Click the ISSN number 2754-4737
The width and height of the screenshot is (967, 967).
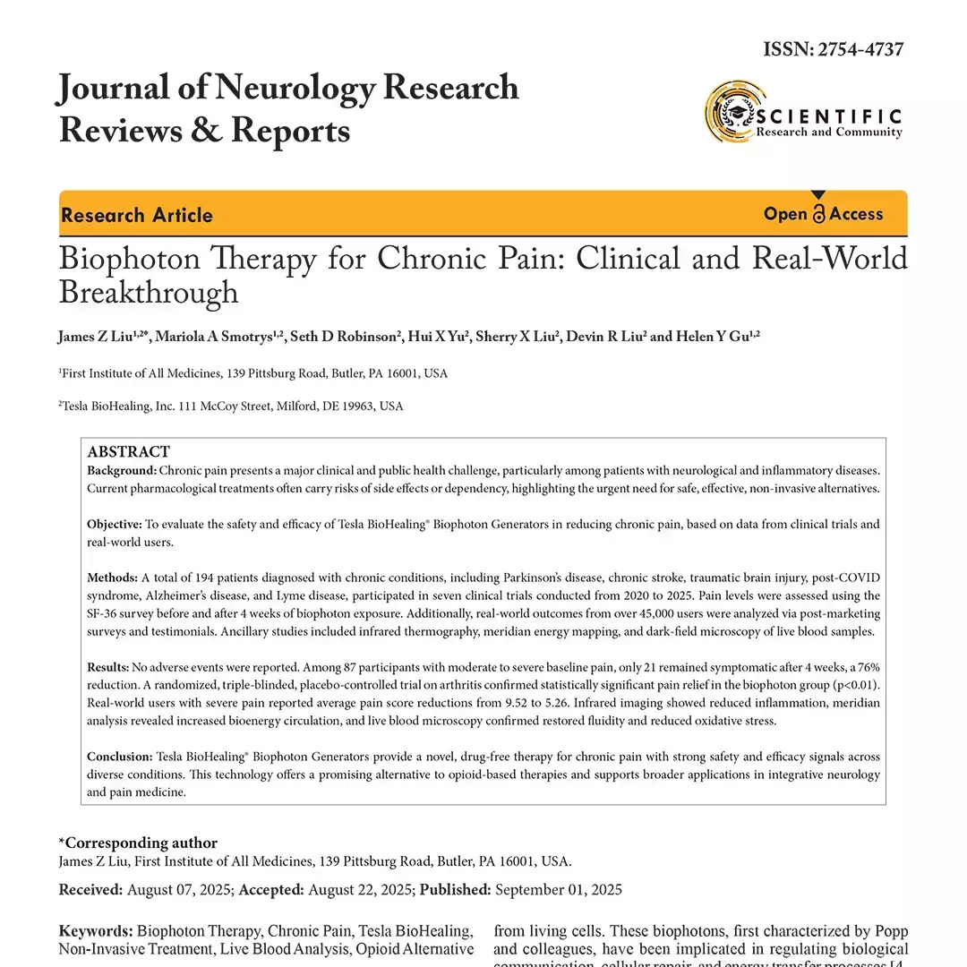click(x=857, y=49)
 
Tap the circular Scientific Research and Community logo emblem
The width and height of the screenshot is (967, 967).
click(x=732, y=111)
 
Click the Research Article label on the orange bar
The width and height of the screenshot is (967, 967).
click(x=137, y=215)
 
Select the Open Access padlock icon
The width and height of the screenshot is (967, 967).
click(x=818, y=213)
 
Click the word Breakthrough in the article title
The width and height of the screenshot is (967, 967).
click(x=149, y=293)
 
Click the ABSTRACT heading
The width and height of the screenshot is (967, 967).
click(x=128, y=452)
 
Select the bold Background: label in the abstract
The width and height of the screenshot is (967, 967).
click(x=122, y=470)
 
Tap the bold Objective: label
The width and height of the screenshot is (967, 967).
click(x=115, y=524)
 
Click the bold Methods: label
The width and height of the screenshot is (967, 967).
click(x=112, y=578)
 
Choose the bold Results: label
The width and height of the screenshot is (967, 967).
click(x=107, y=667)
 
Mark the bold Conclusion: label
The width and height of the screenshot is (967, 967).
click(x=120, y=757)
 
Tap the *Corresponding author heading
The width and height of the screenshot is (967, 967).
click(x=138, y=843)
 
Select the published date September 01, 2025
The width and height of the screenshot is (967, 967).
click(x=558, y=890)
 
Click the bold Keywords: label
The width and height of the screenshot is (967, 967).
click(x=96, y=931)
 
